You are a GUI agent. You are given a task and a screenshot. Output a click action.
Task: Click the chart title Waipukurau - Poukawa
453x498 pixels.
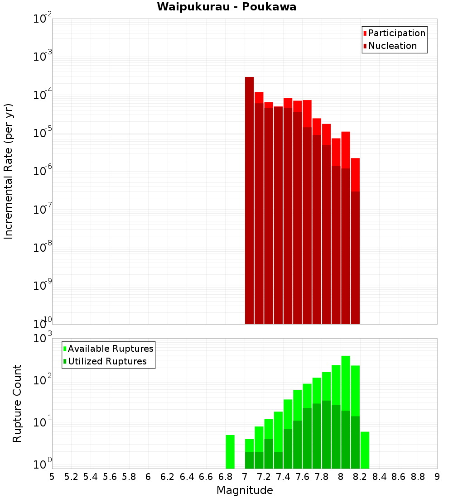(x=226, y=7)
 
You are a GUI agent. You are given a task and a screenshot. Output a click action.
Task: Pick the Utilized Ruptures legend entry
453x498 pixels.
(x=107, y=361)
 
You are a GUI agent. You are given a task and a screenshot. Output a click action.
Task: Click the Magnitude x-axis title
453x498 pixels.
(x=245, y=490)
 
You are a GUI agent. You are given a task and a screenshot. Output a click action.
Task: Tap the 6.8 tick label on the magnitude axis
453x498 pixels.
(x=225, y=477)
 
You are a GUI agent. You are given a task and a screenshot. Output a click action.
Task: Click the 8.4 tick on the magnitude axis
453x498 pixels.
(x=379, y=477)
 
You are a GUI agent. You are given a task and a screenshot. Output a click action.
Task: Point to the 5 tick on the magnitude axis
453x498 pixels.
(x=52, y=477)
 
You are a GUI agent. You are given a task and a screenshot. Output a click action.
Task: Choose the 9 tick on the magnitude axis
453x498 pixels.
(x=437, y=477)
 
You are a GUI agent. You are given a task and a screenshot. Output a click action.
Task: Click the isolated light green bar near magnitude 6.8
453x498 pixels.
(x=230, y=451)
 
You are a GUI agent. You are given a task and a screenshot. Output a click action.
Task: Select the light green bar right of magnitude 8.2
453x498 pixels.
(x=365, y=450)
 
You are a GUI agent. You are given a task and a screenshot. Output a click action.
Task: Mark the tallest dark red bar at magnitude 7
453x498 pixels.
(x=249, y=199)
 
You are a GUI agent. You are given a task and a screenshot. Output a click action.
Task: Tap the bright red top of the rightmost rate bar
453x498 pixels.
(x=355, y=174)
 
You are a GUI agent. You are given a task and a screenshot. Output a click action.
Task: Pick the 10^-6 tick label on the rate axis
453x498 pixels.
(x=42, y=171)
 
